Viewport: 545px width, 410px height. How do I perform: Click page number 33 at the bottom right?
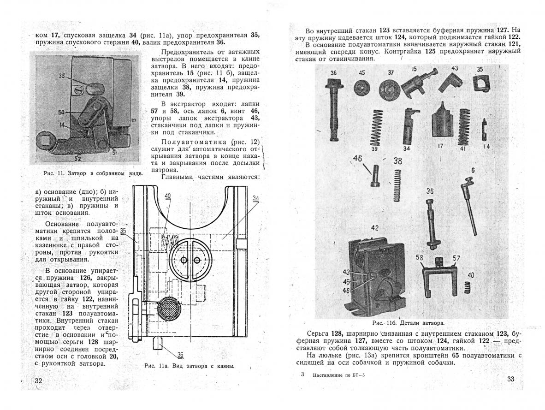pyautogui.click(x=510, y=379)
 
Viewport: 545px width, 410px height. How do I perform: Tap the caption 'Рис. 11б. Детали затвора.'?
pyautogui.click(x=408, y=323)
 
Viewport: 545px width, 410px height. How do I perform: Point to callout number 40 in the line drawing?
pyautogui.click(x=167, y=196)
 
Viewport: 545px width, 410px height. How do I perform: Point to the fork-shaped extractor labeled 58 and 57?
pyautogui.click(x=439, y=277)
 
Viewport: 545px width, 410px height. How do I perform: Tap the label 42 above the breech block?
pyautogui.click(x=374, y=228)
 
